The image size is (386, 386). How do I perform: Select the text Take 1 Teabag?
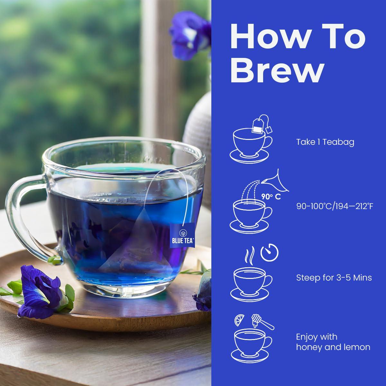pyautogui.click(x=325, y=142)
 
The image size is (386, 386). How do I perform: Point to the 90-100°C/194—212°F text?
pyautogui.click(x=335, y=206)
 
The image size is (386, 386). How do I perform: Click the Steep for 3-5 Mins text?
pyautogui.click(x=334, y=277)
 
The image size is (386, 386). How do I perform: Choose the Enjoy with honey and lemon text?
pyautogui.click(x=333, y=342)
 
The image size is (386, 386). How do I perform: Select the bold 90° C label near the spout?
pyautogui.click(x=271, y=197)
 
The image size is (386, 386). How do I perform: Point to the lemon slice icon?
pyautogui.click(x=240, y=320)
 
